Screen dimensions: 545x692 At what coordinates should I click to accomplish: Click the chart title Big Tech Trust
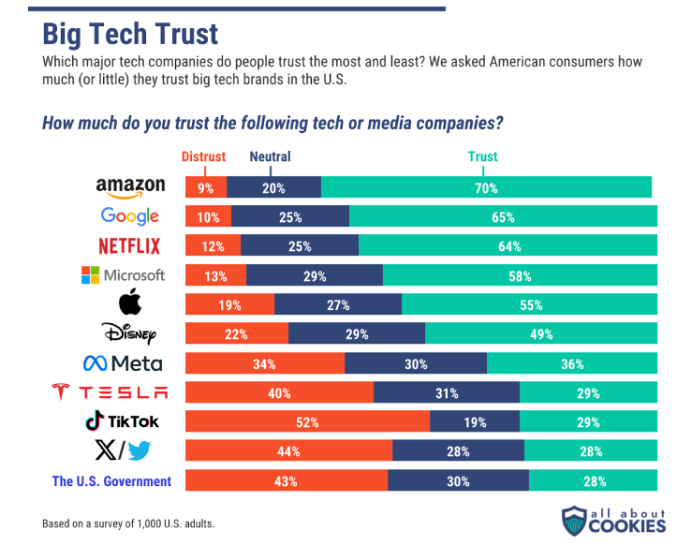tap(130, 34)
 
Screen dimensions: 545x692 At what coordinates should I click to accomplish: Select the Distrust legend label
tap(203, 156)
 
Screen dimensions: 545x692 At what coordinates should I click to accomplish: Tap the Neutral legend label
tap(270, 156)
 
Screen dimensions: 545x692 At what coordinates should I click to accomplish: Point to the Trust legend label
tap(482, 156)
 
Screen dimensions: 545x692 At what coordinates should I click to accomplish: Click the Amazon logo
tap(130, 187)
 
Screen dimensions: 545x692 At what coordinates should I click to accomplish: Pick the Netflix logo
tap(129, 246)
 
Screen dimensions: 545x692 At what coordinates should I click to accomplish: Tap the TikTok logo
tap(123, 421)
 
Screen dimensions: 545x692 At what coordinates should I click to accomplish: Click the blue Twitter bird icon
tap(140, 451)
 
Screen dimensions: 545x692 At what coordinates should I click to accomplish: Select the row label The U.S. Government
tap(111, 481)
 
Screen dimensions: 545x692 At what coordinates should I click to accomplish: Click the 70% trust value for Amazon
tap(486, 187)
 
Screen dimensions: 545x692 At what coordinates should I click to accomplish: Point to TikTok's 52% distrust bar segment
tap(308, 422)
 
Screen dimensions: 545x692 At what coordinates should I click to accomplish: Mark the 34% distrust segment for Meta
tap(265, 363)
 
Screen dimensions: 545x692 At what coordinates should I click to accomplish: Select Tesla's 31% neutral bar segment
tap(447, 393)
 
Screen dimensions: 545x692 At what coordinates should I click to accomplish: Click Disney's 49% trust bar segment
tap(541, 334)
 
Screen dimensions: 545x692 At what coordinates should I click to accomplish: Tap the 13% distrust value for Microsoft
tap(216, 275)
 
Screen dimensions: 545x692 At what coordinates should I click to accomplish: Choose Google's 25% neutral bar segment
tap(290, 217)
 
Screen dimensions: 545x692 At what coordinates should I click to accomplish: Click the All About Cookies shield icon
tap(573, 521)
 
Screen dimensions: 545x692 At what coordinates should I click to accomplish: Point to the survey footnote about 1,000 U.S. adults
tap(128, 523)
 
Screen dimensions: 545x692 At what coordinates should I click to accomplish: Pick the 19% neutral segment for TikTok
tap(475, 422)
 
